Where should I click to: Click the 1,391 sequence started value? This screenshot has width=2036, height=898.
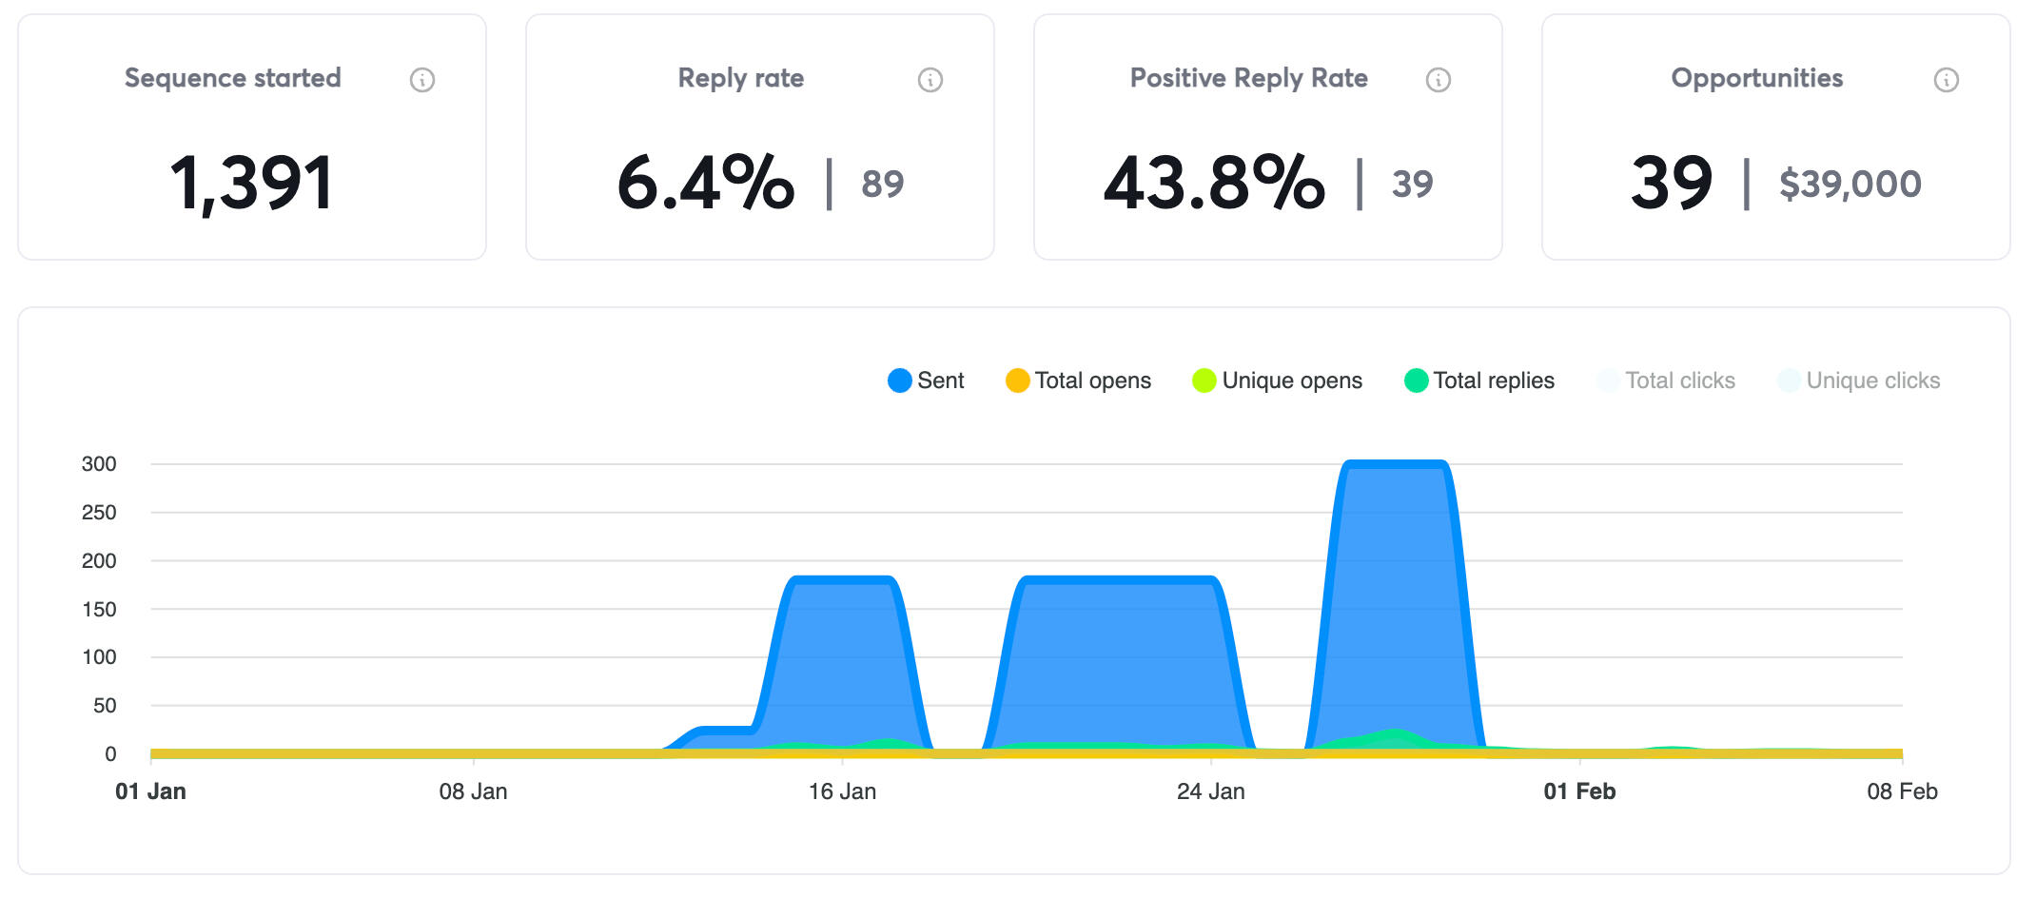tap(252, 183)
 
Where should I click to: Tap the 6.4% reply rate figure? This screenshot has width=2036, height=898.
tap(705, 183)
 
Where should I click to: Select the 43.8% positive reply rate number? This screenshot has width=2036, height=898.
tap(1214, 183)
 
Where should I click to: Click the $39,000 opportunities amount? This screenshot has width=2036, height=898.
tap(1850, 184)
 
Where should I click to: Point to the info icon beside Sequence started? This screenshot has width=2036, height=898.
tap(422, 80)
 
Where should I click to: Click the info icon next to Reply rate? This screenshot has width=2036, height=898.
tap(930, 80)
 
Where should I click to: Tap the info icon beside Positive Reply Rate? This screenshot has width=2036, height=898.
tap(1439, 80)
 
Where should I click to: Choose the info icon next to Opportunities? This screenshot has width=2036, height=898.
tap(1947, 80)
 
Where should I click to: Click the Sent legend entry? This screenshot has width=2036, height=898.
tap(926, 381)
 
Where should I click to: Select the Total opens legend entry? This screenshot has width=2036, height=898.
tap(1078, 381)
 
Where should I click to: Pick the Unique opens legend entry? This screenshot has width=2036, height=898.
tap(1277, 381)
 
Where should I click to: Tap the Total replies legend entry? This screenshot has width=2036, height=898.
tap(1479, 381)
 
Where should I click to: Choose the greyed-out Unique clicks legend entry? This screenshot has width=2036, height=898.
tap(1859, 381)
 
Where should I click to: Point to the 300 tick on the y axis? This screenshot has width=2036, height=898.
tap(99, 464)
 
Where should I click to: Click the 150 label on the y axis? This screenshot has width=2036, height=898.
tap(99, 609)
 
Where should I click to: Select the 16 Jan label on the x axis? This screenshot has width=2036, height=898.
tap(842, 791)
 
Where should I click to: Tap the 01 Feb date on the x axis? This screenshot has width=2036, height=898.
tap(1579, 791)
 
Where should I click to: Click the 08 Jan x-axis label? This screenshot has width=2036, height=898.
tap(473, 791)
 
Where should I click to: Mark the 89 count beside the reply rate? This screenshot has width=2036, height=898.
tap(882, 184)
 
